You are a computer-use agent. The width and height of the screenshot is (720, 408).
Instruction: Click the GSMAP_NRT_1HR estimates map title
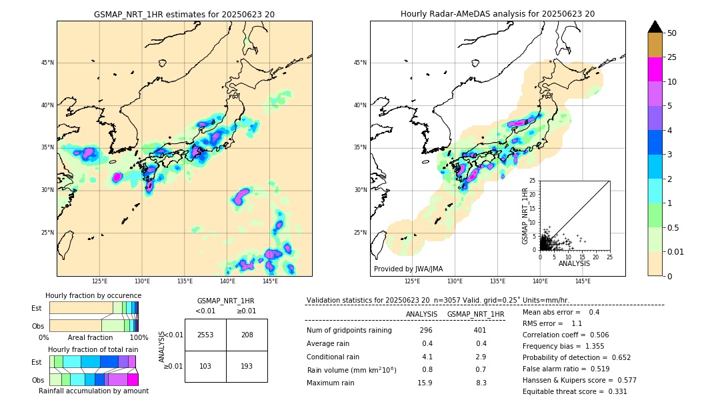[184, 14]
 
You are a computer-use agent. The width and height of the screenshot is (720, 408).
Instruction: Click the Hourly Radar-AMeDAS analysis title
[497, 14]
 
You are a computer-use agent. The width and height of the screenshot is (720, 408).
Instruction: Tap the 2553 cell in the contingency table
[205, 335]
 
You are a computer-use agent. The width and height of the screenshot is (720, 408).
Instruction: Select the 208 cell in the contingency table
[247, 335]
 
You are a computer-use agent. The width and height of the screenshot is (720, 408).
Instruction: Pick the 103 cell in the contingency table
[205, 367]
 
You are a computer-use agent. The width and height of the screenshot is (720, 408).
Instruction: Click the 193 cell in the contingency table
[247, 367]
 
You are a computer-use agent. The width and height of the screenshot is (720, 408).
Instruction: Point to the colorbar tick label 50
[672, 33]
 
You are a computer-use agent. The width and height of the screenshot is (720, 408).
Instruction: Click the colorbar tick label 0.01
[676, 251]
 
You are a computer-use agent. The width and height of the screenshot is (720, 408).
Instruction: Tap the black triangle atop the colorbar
[655, 27]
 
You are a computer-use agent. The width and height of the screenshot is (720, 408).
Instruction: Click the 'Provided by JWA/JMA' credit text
[408, 269]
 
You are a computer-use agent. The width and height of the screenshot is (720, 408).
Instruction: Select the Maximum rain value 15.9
[425, 383]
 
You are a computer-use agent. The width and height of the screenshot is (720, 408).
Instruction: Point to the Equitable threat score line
[575, 391]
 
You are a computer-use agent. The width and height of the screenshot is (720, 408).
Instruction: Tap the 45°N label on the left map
[47, 63]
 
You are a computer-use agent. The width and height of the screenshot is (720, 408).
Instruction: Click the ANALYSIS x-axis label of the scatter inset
[574, 263]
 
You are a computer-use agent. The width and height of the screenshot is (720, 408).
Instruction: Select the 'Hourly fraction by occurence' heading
[93, 295]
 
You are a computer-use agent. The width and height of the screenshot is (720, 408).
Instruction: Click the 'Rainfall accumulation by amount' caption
[93, 391]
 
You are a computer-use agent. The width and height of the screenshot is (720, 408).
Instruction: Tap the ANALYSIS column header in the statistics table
[421, 314]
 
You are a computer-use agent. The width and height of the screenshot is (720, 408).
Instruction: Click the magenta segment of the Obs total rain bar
[133, 379]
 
